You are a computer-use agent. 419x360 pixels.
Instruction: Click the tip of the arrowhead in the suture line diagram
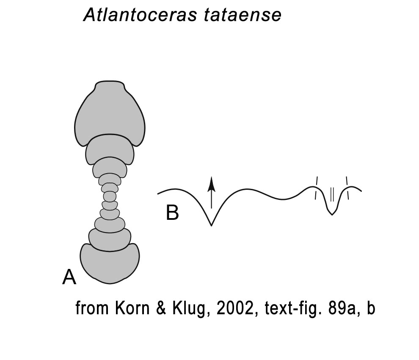[x=211, y=177]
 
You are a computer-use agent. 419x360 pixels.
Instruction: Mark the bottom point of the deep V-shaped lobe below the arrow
[x=211, y=225]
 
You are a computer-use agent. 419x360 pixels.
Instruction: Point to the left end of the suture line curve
[x=158, y=194]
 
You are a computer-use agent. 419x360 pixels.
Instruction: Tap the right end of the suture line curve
[x=361, y=191]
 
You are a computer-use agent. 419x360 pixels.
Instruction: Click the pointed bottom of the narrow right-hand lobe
[x=332, y=215]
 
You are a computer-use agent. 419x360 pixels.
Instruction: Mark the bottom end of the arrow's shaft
[x=211, y=208]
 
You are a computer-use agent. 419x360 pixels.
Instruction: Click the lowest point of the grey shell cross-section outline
[x=110, y=283]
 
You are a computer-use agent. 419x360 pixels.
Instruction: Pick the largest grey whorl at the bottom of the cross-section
[x=110, y=263]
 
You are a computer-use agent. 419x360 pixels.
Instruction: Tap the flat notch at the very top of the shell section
[x=110, y=81]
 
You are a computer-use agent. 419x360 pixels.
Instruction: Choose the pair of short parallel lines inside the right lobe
[x=332, y=194]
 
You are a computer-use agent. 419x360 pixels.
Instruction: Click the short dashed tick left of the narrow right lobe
[x=317, y=188]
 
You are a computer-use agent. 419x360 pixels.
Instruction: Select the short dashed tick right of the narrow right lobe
[x=347, y=188]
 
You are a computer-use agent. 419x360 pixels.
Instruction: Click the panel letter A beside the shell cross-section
[x=69, y=277]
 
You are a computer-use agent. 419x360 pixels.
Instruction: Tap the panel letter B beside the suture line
[x=172, y=213]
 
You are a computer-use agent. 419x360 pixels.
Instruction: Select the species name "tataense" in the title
[x=243, y=15]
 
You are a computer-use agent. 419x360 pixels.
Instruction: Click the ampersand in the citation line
[x=160, y=308]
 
